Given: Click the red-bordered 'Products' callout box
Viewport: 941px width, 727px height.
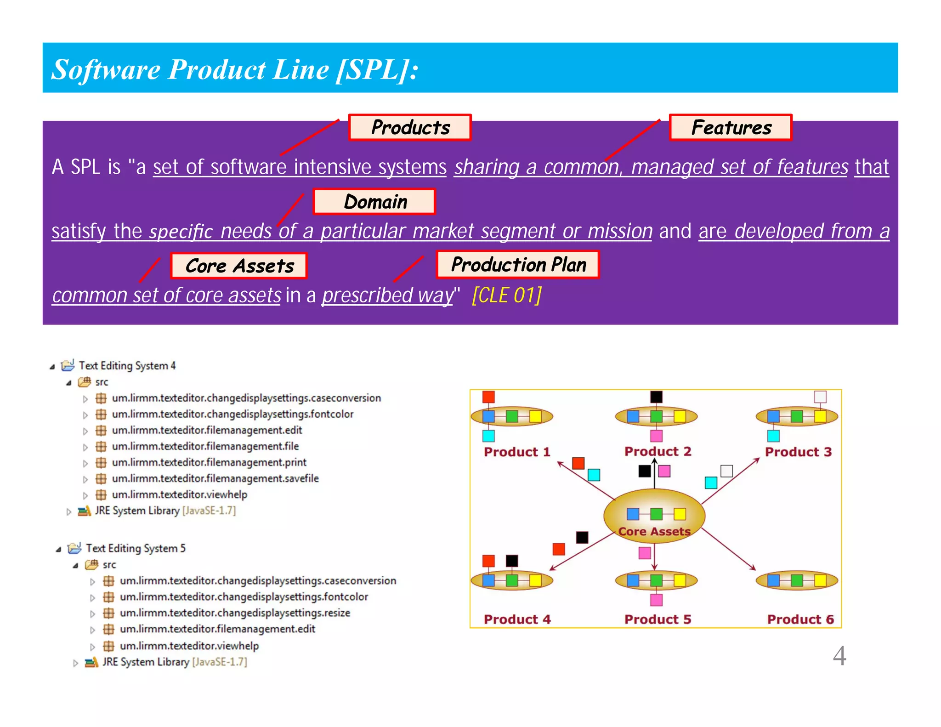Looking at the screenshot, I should [410, 127].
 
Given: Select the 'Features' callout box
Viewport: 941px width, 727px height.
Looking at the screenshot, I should [731, 127].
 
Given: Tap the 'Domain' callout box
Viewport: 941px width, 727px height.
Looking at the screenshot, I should [374, 202].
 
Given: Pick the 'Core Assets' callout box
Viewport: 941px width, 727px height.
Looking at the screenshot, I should [238, 266].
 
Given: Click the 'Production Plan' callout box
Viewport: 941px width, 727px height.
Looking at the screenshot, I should [518, 265].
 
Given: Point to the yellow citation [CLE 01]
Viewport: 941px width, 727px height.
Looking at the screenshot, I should [507, 295].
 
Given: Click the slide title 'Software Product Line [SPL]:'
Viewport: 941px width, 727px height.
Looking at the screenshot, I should [235, 69].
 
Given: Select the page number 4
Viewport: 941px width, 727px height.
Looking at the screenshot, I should [839, 656].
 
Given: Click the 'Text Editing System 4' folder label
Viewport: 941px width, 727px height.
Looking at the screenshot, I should [127, 366].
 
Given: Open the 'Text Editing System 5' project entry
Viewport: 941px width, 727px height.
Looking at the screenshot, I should [135, 548].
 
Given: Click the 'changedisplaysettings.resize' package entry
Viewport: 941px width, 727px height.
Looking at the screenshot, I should [235, 613].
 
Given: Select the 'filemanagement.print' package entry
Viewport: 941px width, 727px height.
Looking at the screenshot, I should [209, 462].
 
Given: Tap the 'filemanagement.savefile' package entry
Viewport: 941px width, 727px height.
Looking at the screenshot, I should [215, 478].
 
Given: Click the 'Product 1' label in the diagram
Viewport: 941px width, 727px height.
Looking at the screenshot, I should [517, 452].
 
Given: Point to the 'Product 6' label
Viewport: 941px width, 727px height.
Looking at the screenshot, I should [800, 619].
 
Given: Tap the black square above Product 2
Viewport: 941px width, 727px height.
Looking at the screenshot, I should [656, 397].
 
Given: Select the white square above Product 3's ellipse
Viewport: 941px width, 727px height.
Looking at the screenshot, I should [820, 397].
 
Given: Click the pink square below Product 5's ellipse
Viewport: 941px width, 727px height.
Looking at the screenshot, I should [656, 600].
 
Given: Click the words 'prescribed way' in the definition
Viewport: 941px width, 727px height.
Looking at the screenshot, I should [387, 295].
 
